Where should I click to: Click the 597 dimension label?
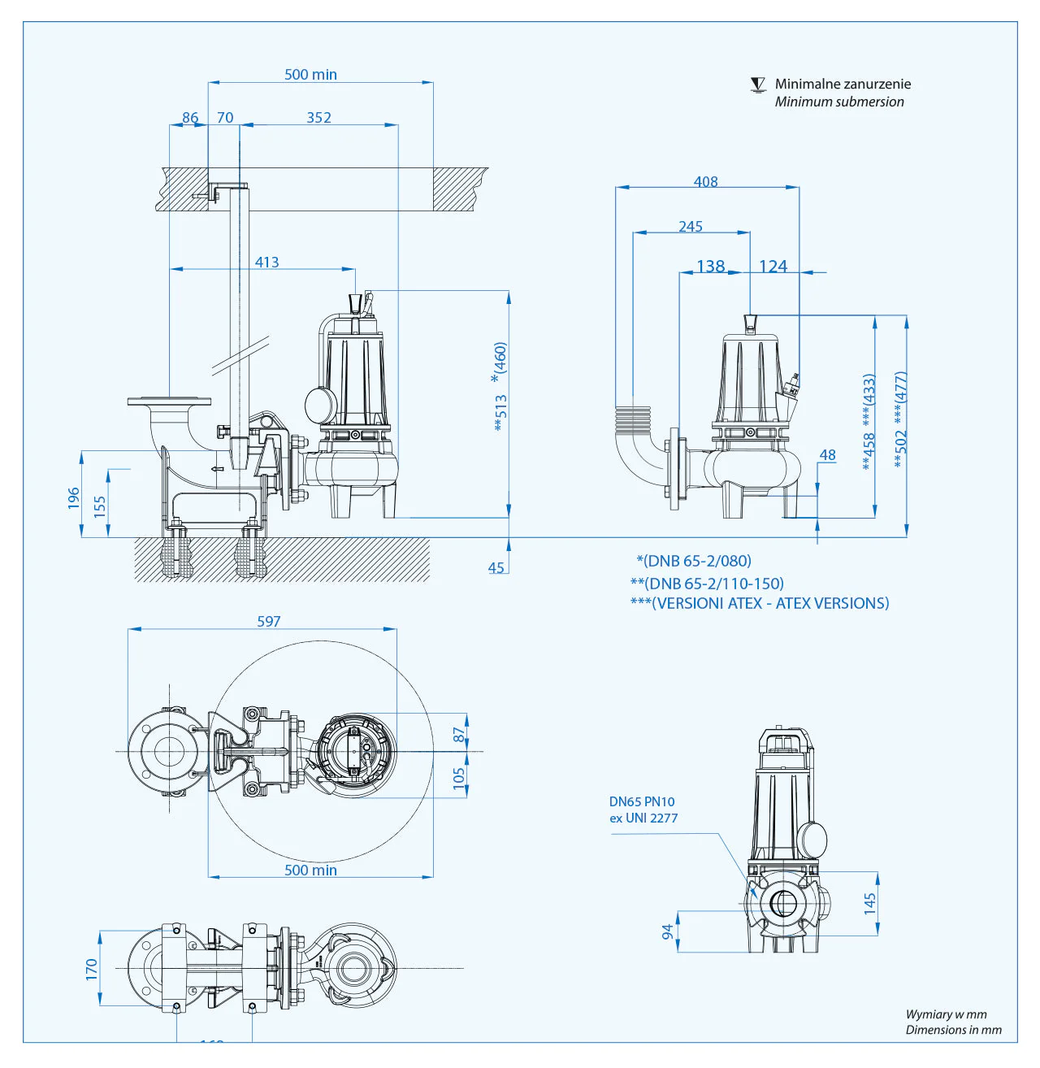tap(269, 621)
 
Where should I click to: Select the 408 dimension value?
tap(705, 181)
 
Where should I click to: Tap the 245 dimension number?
tap(691, 226)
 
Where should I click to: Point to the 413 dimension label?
tap(266, 262)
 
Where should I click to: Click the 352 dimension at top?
tap(318, 117)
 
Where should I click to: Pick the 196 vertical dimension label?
tap(74, 497)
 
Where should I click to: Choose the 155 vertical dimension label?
tap(100, 506)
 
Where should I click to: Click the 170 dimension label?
tap(91, 968)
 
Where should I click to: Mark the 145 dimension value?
tap(870, 903)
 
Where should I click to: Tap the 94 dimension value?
tap(668, 931)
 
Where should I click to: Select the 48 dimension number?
tap(827, 455)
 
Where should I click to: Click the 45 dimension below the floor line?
tap(496, 567)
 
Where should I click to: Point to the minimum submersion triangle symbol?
tap(758, 85)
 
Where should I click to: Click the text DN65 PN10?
tap(642, 801)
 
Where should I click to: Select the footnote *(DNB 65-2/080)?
tap(694, 561)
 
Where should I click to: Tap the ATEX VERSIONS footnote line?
tap(760, 603)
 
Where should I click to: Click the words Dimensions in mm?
tap(953, 1030)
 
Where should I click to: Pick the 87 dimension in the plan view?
tap(459, 734)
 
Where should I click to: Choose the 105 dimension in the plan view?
tap(459, 778)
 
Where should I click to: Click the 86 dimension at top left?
tap(190, 117)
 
